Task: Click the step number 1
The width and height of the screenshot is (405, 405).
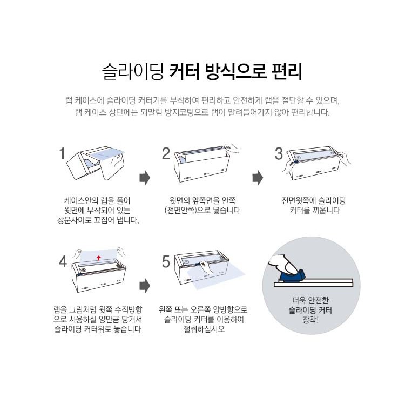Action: (x=62, y=154)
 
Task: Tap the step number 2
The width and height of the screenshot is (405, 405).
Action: (x=166, y=154)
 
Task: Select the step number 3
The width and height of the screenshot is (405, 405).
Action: (x=279, y=154)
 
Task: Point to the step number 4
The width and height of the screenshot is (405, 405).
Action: (x=63, y=262)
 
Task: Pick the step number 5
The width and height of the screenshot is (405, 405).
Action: (x=166, y=262)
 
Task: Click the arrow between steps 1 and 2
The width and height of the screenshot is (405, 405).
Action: (x=145, y=178)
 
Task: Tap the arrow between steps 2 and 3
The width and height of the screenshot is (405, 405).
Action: (x=258, y=178)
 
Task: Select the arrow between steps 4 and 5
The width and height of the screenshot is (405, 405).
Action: (x=145, y=286)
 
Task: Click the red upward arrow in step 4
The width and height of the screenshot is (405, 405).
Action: (x=98, y=258)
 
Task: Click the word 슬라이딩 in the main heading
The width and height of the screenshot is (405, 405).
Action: (x=133, y=71)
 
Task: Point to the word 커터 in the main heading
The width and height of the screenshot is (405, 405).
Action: (x=185, y=71)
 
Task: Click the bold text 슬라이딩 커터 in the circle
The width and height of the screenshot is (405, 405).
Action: (x=310, y=310)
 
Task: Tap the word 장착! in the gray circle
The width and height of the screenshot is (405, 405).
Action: (x=310, y=320)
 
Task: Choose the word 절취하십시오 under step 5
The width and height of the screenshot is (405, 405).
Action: (x=204, y=329)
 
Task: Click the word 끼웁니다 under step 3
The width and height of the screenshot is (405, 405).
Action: (x=326, y=210)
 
